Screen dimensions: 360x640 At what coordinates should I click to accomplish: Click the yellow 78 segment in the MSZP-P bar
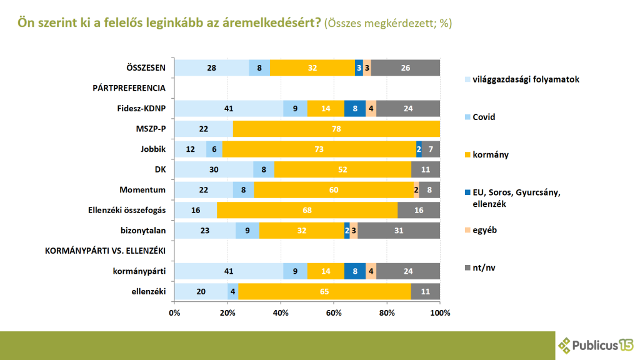click(x=336, y=129)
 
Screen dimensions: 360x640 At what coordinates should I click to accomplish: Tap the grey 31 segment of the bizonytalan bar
click(x=399, y=230)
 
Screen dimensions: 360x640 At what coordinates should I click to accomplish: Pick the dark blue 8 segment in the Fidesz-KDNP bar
click(x=354, y=108)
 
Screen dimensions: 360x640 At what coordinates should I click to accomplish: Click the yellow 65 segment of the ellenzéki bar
click(x=324, y=291)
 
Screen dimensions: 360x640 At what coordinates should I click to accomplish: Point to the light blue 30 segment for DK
click(x=214, y=169)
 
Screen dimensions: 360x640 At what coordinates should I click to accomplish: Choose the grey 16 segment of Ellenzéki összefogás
click(x=419, y=210)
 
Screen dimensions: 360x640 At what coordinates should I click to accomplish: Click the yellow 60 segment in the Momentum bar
click(x=333, y=190)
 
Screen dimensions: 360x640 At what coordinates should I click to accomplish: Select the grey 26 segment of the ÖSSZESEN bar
click(x=406, y=67)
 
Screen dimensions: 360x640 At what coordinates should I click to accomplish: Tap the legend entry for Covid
click(x=484, y=117)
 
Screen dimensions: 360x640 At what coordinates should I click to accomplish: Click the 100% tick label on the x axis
click(x=440, y=312)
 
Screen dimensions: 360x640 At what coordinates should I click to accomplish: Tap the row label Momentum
click(x=142, y=189)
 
